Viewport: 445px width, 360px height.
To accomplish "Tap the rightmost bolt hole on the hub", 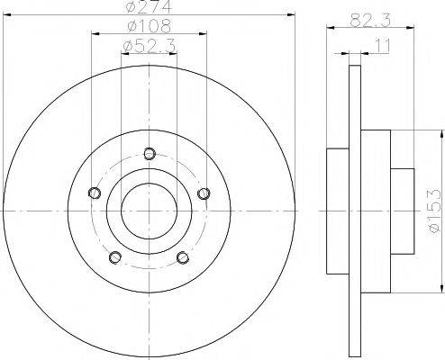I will point(204,191).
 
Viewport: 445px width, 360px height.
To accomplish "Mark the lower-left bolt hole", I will point(115,257).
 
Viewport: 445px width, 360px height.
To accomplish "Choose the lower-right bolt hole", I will point(184,257).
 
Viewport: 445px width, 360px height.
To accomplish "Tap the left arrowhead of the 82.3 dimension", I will point(327,29).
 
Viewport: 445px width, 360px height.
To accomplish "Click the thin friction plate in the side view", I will point(355,211).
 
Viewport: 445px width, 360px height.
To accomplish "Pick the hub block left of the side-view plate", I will point(337,211).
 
